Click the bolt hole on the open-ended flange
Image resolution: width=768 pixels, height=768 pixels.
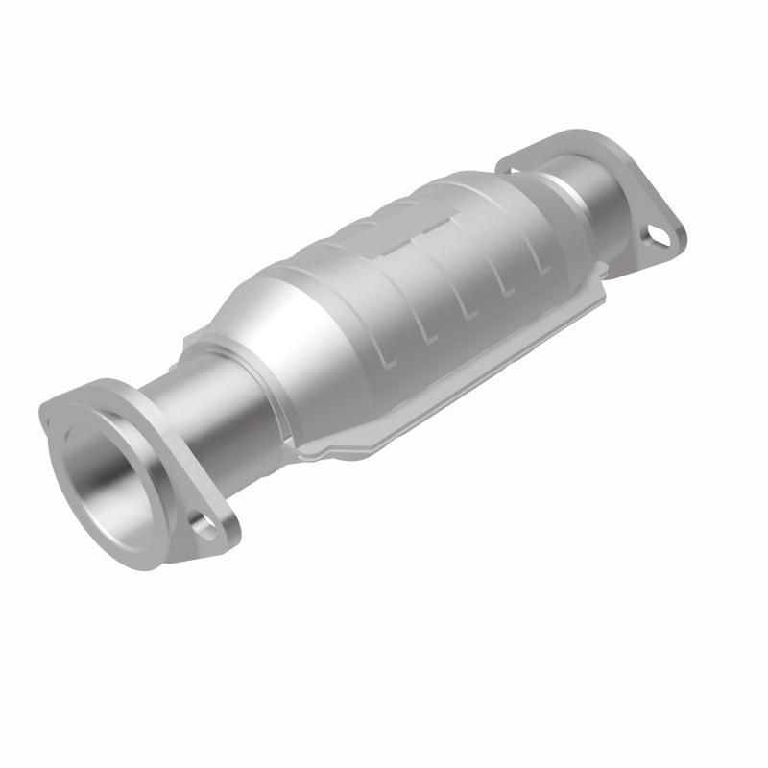click(203, 524)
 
